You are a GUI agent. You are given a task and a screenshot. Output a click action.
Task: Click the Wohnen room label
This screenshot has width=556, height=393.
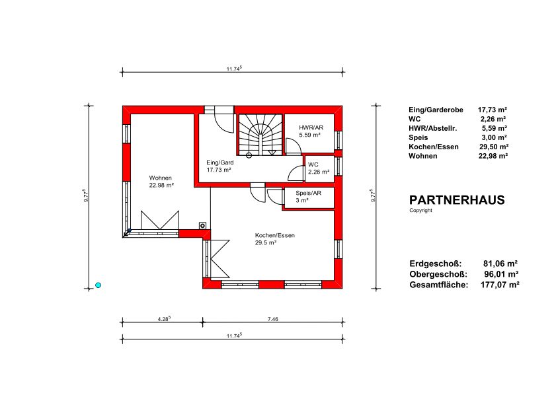[160, 178]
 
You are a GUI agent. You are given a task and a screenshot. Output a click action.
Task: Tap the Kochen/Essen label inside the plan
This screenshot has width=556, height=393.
[275, 235]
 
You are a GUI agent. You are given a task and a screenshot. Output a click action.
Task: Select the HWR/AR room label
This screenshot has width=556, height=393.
[311, 127]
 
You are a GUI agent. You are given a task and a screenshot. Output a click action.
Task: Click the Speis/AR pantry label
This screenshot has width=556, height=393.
[309, 193]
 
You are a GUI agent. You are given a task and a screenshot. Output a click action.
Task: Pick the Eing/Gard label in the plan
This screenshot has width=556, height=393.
[220, 162]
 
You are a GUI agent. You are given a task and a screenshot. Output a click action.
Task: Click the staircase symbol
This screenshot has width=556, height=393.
[260, 135]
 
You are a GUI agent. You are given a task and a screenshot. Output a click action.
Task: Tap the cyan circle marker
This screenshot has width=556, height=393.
[99, 285]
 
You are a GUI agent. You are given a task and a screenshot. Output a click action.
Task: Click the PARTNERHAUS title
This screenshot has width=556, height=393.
[457, 200]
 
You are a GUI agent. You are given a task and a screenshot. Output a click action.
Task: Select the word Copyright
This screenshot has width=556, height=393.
[420, 211]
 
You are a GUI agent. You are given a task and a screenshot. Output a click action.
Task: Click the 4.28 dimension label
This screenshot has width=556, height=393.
[164, 318]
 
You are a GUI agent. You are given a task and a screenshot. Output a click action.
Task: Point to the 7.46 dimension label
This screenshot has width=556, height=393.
[272, 319]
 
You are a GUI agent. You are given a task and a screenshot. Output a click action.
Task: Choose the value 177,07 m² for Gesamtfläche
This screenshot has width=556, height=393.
[500, 285]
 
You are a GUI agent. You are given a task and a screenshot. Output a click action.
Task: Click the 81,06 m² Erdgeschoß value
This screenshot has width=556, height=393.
[500, 264]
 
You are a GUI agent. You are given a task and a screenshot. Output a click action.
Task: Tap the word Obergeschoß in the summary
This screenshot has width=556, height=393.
[438, 274]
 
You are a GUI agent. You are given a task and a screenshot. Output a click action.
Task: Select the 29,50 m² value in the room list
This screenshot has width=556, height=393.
[494, 147]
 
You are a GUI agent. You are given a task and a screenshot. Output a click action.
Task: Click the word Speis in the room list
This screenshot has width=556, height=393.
[418, 137]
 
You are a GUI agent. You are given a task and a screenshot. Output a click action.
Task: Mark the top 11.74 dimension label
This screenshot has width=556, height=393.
[234, 69]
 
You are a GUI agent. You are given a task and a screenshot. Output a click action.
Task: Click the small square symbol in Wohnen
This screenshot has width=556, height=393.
[202, 225]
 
